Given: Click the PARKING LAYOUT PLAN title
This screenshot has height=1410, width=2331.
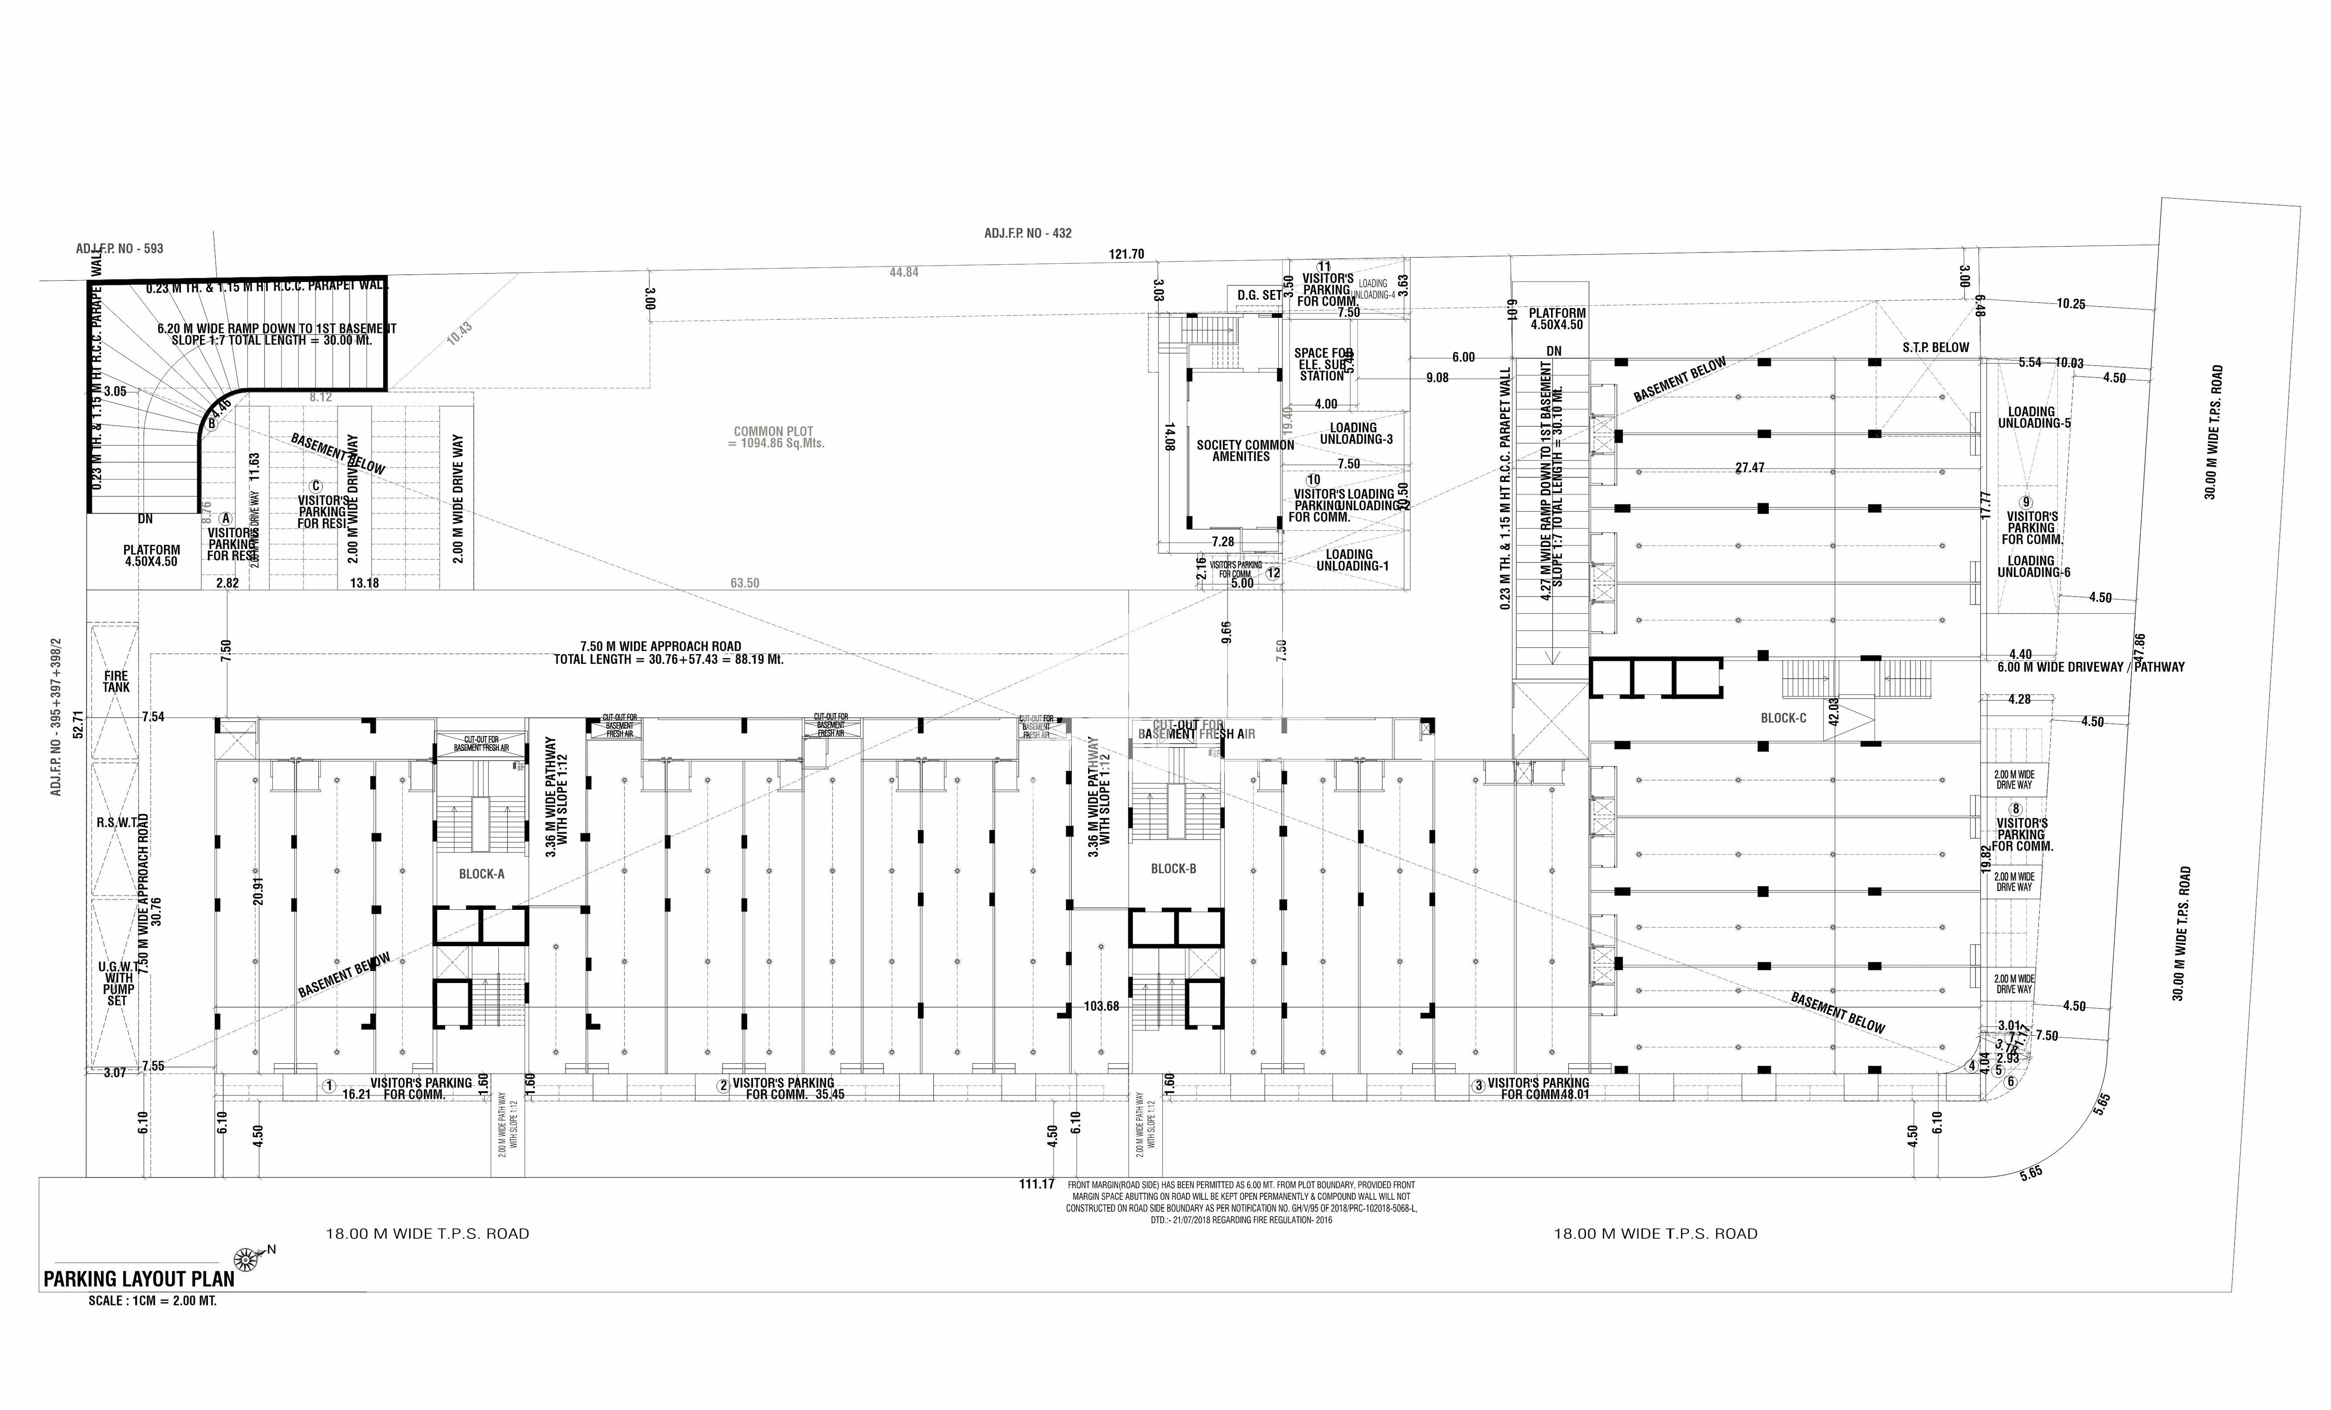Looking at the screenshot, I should click(139, 1279).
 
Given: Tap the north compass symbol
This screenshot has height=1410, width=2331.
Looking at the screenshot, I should click(247, 1259).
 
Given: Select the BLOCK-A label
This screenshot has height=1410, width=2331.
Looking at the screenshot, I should click(482, 874).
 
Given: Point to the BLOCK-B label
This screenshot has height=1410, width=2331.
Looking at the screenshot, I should click(1173, 868).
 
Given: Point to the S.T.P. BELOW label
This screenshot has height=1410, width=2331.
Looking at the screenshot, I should click(1936, 347).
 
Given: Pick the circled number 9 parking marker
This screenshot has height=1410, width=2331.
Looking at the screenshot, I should click(2026, 502).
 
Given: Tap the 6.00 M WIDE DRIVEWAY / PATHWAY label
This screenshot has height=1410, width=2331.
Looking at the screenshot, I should click(2091, 667).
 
